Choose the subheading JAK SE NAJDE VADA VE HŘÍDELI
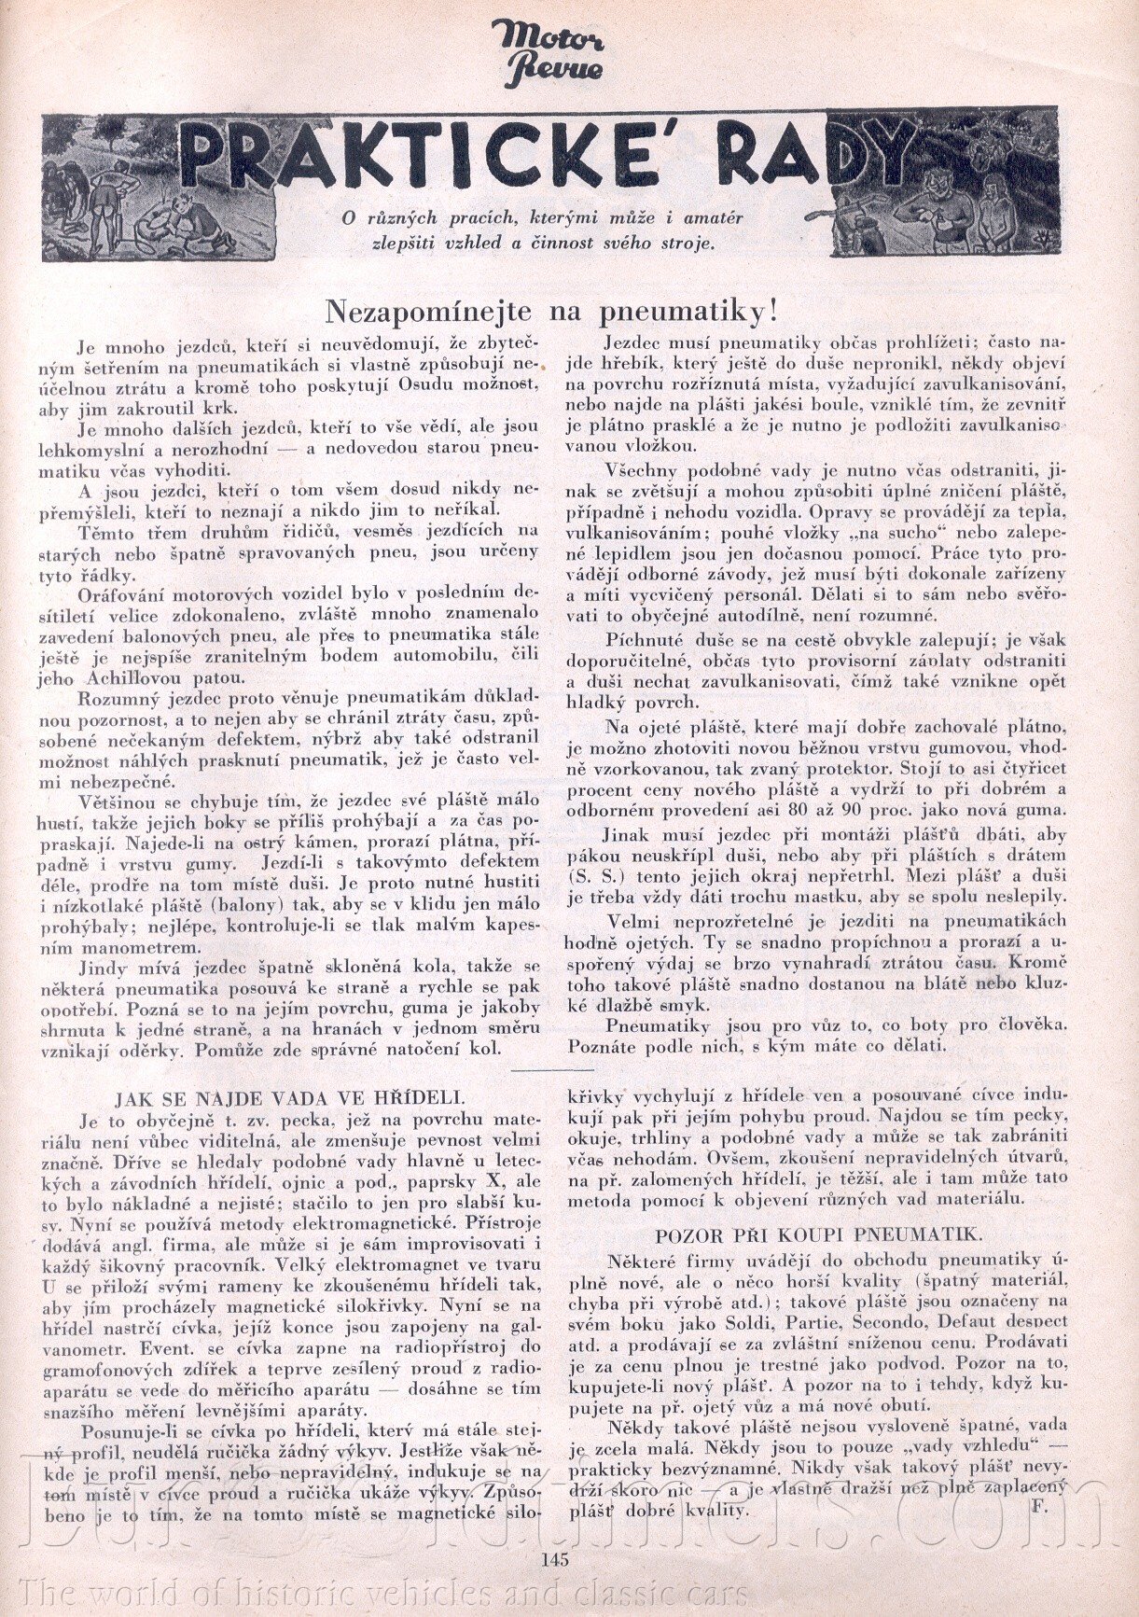289,1096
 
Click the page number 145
553,1557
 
